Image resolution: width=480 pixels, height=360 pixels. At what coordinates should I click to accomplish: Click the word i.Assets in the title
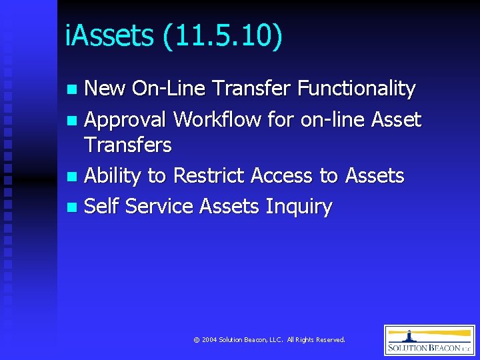pos(109,36)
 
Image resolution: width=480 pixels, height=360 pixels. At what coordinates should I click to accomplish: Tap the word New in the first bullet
pos(105,88)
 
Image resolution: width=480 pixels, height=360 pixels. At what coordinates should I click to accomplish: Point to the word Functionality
pos(356,88)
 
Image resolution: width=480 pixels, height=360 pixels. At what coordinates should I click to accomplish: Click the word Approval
pos(125,120)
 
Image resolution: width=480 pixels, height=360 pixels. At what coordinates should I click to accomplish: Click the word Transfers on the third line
pos(128,145)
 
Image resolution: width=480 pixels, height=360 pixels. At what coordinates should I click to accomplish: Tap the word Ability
pos(113,176)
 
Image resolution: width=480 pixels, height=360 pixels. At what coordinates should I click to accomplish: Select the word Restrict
pos(209,175)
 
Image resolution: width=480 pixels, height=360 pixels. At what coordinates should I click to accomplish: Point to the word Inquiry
pos(299,207)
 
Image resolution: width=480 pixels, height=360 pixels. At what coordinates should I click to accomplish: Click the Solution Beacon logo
pos(429,340)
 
